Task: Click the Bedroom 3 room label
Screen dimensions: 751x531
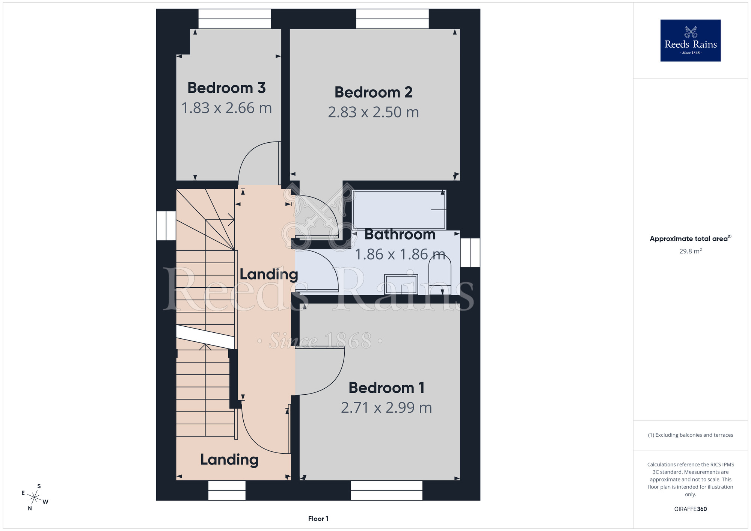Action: click(226, 88)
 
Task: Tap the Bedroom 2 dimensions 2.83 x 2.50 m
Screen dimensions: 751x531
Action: click(373, 112)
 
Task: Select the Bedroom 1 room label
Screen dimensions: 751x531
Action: click(386, 388)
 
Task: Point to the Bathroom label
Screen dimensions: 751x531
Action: click(400, 234)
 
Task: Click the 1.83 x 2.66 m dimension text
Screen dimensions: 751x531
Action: click(226, 108)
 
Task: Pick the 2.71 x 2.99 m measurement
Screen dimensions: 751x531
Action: click(386, 407)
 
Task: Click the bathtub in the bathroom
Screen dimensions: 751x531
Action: click(399, 210)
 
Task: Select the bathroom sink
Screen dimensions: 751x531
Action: click(401, 284)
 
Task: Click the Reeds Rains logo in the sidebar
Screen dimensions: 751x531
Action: click(690, 41)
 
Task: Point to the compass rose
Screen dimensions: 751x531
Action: click(35, 498)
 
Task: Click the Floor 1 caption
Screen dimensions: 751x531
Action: click(318, 519)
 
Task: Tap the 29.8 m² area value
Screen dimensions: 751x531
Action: click(690, 251)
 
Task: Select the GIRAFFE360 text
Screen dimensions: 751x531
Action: click(690, 509)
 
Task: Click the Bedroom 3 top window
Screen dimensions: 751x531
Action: click(235, 19)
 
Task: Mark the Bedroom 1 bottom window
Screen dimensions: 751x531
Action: click(386, 490)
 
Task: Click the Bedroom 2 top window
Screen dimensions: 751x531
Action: click(392, 19)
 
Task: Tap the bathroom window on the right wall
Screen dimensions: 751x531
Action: click(470, 253)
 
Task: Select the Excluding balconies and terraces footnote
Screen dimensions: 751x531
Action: click(690, 435)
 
